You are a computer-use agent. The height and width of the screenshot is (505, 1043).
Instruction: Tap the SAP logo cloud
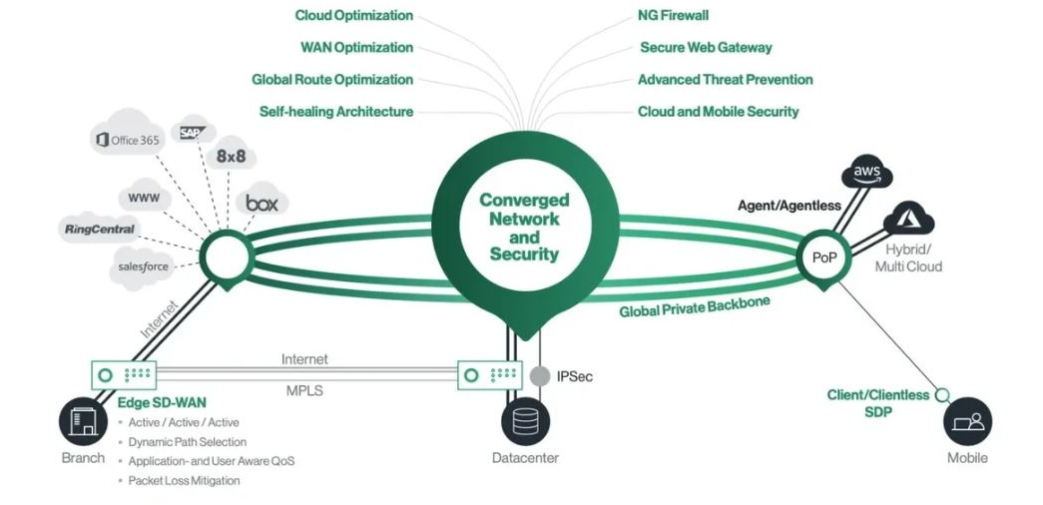(x=193, y=133)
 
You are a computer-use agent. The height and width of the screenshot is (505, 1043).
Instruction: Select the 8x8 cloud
(x=231, y=157)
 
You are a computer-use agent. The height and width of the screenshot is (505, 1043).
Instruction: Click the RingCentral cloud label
(x=100, y=230)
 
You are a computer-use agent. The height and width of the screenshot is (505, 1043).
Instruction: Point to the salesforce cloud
(x=142, y=266)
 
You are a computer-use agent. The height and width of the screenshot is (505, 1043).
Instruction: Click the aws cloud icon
(x=866, y=173)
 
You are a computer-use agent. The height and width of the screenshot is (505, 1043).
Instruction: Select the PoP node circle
(x=823, y=256)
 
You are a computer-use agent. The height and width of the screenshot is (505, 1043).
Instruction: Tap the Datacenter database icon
(x=525, y=421)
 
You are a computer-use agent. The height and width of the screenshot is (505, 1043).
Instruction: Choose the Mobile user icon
(x=967, y=421)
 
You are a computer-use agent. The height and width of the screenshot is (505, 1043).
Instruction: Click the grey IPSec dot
(x=539, y=376)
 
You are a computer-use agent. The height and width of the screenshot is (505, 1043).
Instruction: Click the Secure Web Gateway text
(x=706, y=47)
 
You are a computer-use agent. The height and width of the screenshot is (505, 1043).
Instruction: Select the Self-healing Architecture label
(x=336, y=112)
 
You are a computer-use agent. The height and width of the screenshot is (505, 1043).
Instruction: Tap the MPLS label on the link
(x=304, y=391)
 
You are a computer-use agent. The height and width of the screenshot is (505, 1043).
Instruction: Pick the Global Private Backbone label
(x=695, y=306)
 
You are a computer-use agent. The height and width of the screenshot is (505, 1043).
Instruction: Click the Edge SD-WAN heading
(x=162, y=402)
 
